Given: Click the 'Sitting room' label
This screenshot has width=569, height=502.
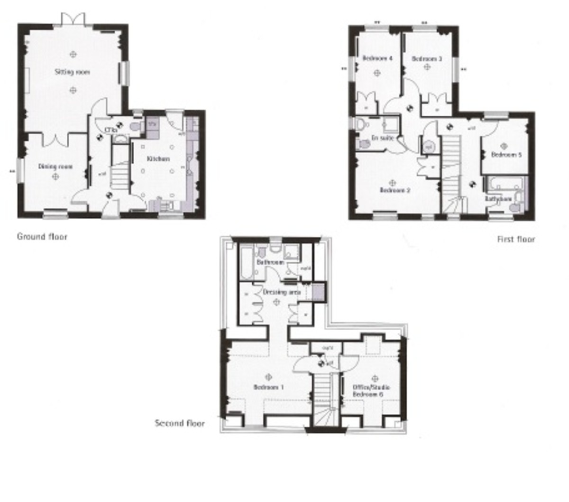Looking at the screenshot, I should [72, 72].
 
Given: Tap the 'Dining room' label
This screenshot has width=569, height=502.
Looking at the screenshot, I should [55, 167].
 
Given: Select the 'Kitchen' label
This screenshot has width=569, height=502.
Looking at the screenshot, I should [158, 158].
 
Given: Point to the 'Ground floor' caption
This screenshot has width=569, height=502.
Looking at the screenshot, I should [42, 236].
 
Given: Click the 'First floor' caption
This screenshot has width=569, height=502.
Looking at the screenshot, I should [516, 239].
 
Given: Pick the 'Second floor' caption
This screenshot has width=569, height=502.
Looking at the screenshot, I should [180, 423].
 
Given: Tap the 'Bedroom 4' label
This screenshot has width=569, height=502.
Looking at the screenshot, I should [377, 59].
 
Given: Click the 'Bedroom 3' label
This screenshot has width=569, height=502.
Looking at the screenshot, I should [427, 59].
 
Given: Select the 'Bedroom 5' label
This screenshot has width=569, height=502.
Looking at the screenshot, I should [506, 155].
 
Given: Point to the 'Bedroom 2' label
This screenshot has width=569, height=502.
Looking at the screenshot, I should [395, 190].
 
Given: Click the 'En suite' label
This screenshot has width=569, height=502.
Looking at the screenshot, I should [382, 138].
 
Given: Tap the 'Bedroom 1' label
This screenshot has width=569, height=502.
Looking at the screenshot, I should [268, 387].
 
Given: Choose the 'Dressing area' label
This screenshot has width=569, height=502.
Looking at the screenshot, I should [282, 292].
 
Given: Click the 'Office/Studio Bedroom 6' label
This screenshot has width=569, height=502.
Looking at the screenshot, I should [368, 390].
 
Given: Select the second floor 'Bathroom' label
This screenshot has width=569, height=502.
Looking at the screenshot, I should [270, 262].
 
